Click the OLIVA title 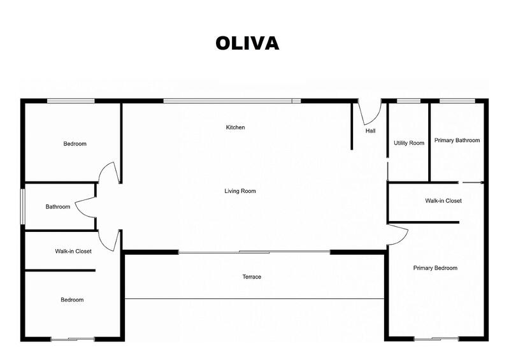(247, 43)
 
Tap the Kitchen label (235, 127)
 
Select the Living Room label (240, 191)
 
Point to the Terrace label (252, 277)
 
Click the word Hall (370, 131)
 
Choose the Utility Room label (408, 143)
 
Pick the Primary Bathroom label (457, 140)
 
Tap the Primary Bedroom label (435, 268)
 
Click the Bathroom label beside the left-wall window (57, 207)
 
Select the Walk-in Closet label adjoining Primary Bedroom (443, 201)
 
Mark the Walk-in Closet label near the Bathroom (73, 251)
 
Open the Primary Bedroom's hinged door (398, 233)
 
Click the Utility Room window (408, 100)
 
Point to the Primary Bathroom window (457, 100)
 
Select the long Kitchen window (232, 100)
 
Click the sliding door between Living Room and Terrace (254, 252)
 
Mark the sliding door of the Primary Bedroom (436, 338)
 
